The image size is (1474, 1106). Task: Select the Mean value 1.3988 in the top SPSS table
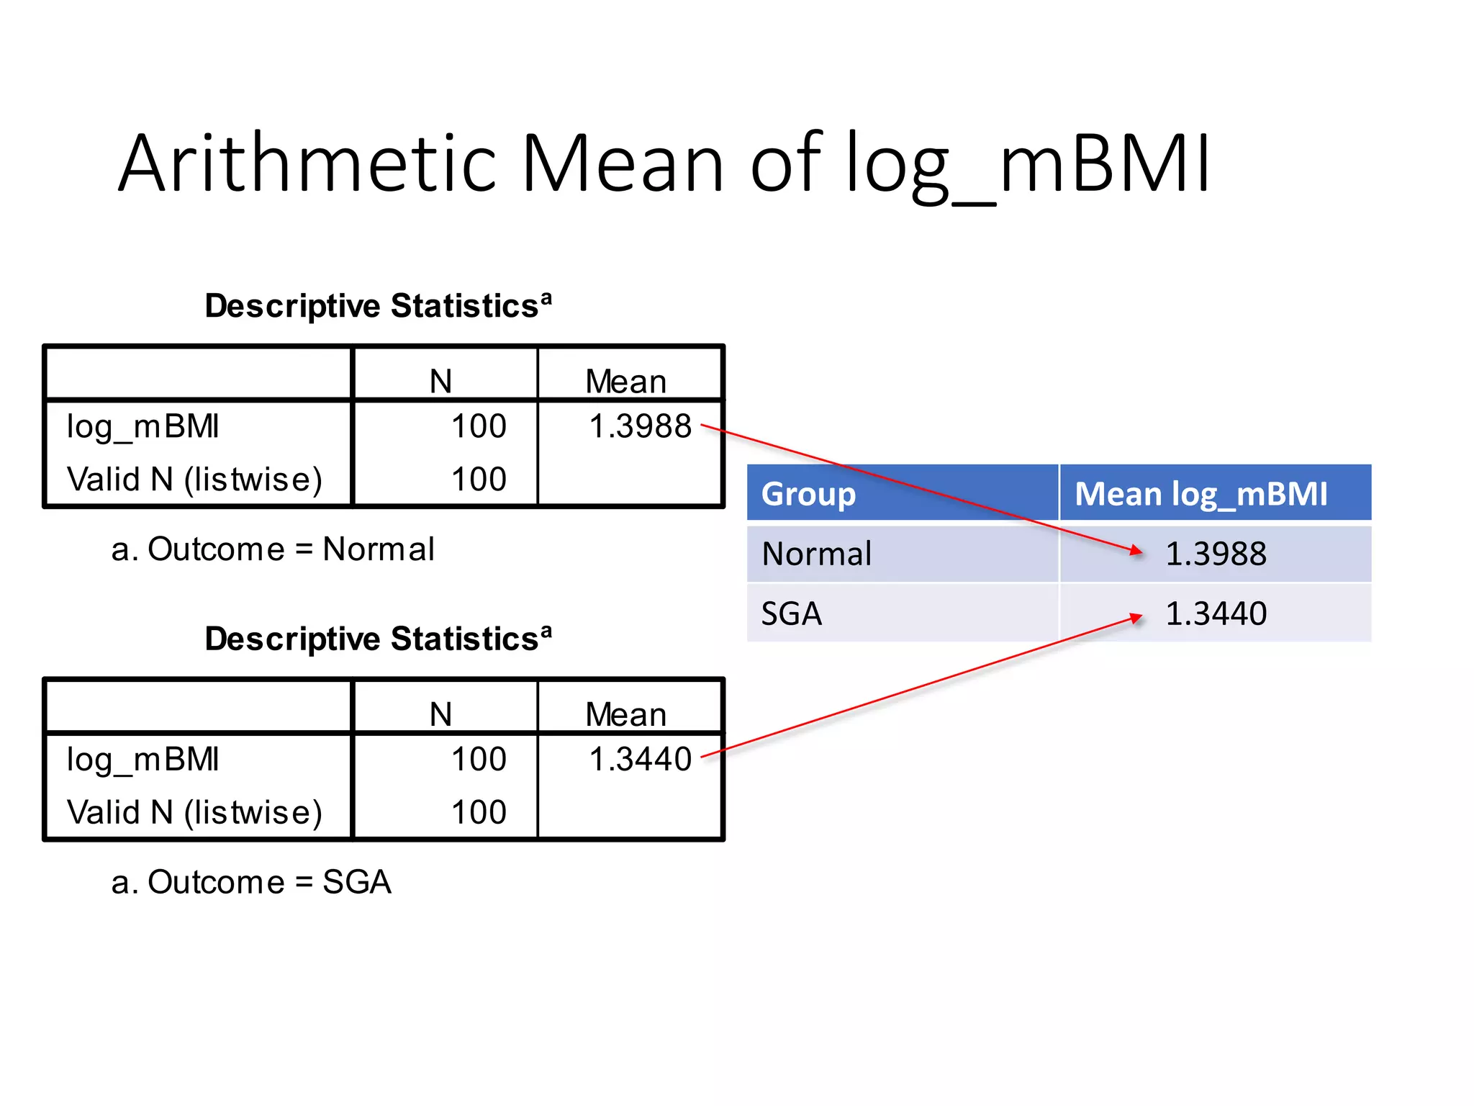(640, 426)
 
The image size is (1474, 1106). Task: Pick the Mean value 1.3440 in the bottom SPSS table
(640, 759)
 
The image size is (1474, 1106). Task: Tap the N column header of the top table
(440, 381)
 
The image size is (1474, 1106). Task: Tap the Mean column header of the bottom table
(625, 714)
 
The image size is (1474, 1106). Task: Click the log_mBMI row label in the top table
(143, 426)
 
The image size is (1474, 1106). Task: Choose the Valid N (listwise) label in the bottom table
(194, 812)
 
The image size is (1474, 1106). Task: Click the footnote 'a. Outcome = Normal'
(273, 549)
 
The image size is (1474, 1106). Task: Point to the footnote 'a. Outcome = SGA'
(251, 882)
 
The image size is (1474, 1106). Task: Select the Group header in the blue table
(808, 494)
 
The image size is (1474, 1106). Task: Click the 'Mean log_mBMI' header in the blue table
(1201, 494)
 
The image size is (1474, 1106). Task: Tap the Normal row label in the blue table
(816, 554)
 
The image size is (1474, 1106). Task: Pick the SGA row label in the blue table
(791, 613)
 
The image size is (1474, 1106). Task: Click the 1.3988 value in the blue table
(1216, 554)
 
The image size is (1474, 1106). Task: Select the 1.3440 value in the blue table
(1216, 613)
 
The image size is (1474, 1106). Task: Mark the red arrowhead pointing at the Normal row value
(1136, 551)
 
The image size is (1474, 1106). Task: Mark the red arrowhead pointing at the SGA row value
(1136, 617)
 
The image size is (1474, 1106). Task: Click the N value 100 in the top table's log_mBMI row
(479, 426)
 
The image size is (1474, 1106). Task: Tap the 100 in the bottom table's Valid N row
(479, 812)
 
